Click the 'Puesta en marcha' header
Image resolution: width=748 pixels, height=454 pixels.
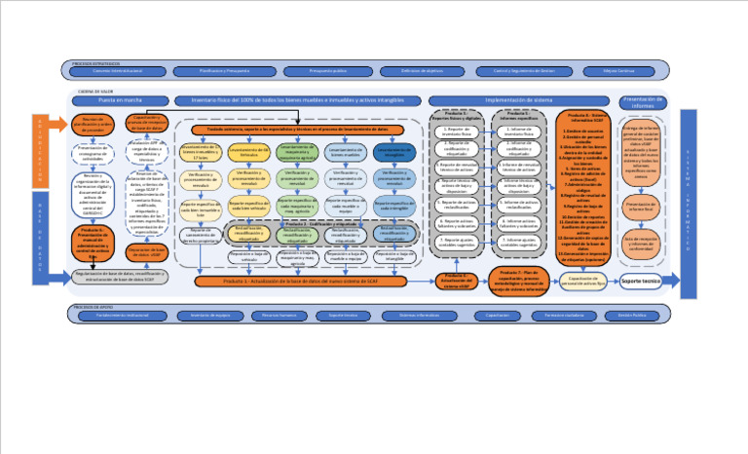tap(121, 100)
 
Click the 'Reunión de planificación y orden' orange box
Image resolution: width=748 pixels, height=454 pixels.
tap(94, 124)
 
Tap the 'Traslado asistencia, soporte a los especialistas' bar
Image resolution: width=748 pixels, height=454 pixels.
tap(297, 129)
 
